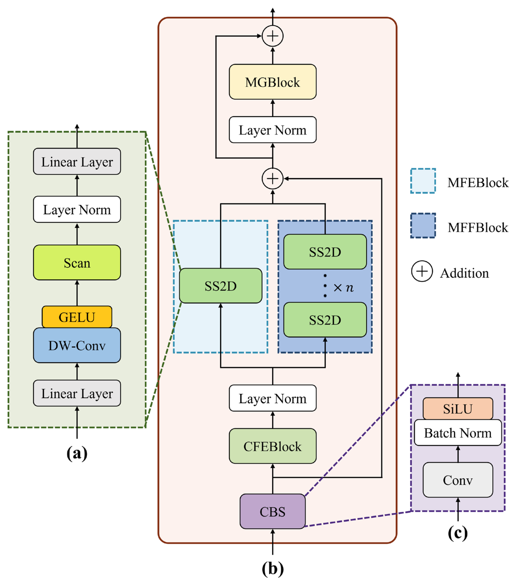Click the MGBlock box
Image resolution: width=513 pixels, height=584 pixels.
pyautogui.click(x=272, y=82)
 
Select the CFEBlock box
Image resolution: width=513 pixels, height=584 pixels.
pyautogui.click(x=272, y=446)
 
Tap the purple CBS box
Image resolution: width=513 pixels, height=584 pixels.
pyautogui.click(x=272, y=511)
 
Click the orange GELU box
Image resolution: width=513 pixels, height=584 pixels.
pyautogui.click(x=77, y=317)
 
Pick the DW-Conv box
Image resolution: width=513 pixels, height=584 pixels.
pyautogui.click(x=77, y=345)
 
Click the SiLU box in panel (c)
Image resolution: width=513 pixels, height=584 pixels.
pyautogui.click(x=458, y=409)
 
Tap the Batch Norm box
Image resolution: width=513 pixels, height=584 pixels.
pyautogui.click(x=458, y=433)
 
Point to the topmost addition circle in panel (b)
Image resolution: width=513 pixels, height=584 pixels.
pyautogui.click(x=272, y=36)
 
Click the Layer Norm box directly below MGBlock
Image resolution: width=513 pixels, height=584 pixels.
pyautogui.click(x=272, y=130)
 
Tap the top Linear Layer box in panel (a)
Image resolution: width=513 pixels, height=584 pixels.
pyautogui.click(x=77, y=161)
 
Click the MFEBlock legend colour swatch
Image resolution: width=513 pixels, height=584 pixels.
pyautogui.click(x=423, y=181)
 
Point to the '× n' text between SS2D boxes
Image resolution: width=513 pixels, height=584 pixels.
pyautogui.click(x=343, y=287)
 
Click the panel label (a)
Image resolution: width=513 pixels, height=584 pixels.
pyautogui.click(x=77, y=453)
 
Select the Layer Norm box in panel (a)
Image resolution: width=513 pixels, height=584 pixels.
pyautogui.click(x=77, y=209)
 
